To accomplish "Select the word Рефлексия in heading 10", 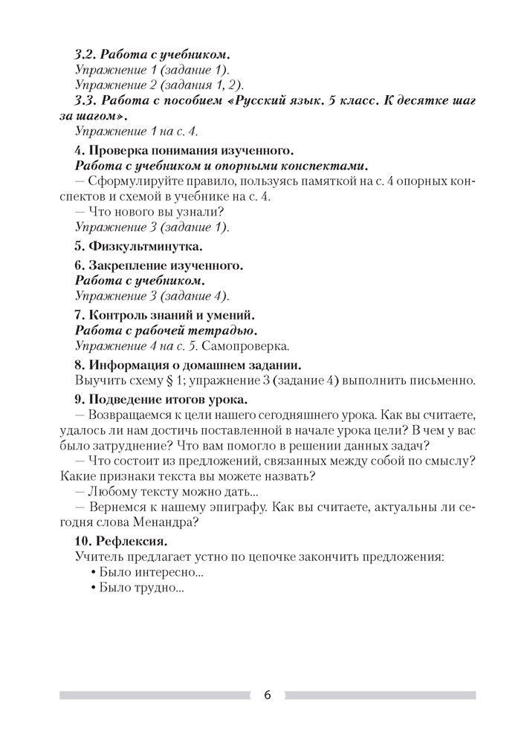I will pos(130,540).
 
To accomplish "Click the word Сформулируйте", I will pos(138,182).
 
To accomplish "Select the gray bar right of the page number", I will pos(380,695).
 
